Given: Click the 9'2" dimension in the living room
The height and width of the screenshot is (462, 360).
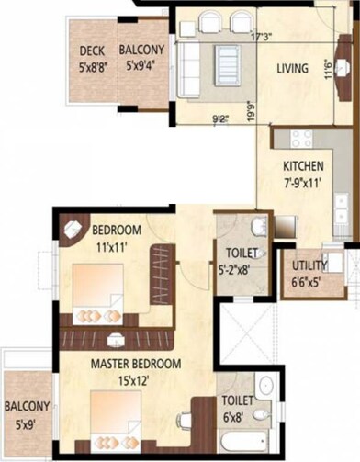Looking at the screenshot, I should pos(221,118).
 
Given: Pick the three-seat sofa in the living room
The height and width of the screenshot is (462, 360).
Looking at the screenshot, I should pos(189,65).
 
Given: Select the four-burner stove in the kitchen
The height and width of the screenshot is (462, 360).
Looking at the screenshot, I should pos(302,139).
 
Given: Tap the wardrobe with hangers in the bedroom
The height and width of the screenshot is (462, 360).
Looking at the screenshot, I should pos(163,274).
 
